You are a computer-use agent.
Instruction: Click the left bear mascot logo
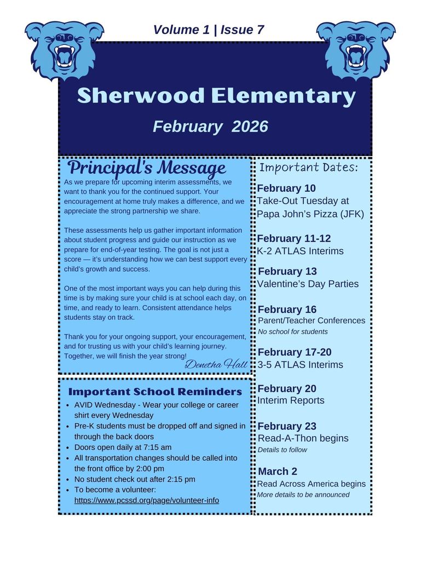pos(64,49)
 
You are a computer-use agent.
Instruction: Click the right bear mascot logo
pos(355,49)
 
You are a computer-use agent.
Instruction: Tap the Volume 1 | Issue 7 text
pos(209,30)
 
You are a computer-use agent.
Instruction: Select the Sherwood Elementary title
pos(216,96)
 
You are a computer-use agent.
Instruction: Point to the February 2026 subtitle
pos(210,127)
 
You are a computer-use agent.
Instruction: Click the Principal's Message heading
pos(147,168)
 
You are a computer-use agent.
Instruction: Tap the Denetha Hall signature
pos(216,364)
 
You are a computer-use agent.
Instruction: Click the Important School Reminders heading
pos(155,392)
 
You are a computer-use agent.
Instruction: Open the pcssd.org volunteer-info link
pos(147,500)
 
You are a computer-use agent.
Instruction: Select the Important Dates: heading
pos(308,168)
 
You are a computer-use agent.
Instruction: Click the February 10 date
pos(286,188)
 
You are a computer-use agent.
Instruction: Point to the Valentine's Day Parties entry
pos(308,284)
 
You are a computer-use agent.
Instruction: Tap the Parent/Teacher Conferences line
pos(311,320)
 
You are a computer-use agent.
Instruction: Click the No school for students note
pos(293,331)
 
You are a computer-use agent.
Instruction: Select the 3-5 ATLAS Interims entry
pos(301,365)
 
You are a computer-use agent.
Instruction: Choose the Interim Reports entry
pos(291,400)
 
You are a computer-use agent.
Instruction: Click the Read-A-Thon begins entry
pos(303,438)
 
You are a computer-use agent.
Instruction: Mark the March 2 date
pos(278,472)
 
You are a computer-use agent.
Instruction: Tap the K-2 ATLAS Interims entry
pos(301,251)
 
